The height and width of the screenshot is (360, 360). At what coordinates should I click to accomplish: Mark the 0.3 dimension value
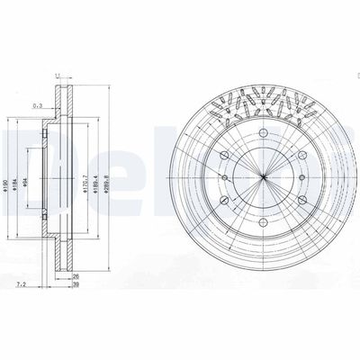point(35,103)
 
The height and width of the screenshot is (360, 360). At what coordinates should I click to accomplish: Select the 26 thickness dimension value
point(76,275)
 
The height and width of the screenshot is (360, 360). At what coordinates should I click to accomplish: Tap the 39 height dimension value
point(76,284)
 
